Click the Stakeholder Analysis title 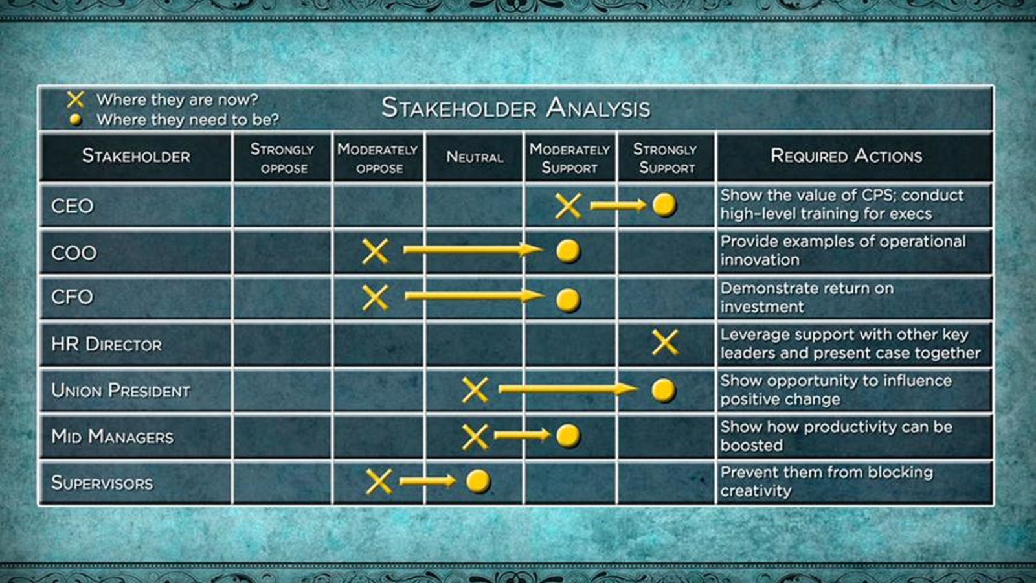[515, 108]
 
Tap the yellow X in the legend [75, 100]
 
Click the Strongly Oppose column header [282, 158]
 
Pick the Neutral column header [475, 157]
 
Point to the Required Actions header [846, 156]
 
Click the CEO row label [72, 206]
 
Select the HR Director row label [106, 344]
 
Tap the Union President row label [120, 391]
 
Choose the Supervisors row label [102, 483]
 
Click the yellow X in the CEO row [568, 206]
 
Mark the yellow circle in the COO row [568, 251]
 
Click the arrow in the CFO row [475, 295]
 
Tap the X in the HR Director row [665, 343]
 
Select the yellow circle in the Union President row [664, 391]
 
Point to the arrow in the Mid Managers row [523, 435]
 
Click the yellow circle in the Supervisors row [479, 481]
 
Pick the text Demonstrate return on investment [807, 297]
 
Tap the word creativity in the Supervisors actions [756, 491]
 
